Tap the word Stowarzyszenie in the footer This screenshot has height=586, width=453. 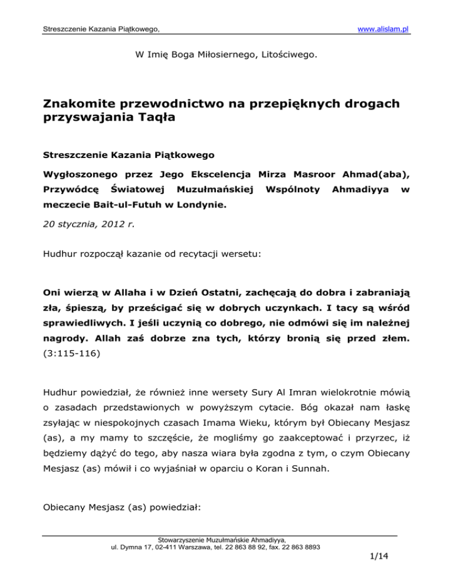coord(179,539)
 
